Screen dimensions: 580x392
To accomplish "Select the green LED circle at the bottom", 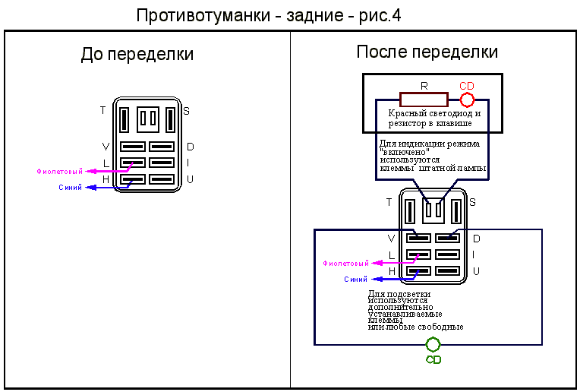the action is (426, 345).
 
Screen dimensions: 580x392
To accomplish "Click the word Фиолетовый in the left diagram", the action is (59, 172).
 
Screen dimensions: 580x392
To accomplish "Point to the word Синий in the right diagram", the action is (355, 279).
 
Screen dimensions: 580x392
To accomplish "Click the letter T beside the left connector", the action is (102, 110).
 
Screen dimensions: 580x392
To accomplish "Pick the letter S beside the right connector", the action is (472, 202).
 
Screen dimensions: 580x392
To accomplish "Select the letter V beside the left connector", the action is (106, 147).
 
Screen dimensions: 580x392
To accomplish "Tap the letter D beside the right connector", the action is (477, 239).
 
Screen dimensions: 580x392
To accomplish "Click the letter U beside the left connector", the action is (190, 179).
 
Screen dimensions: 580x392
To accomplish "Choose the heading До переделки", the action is (137, 54).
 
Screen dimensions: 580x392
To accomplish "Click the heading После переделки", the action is (427, 52).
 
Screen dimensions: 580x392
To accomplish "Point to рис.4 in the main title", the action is (380, 16).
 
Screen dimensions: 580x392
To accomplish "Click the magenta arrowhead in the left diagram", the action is (90, 172).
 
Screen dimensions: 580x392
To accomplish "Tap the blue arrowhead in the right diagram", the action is (377, 279).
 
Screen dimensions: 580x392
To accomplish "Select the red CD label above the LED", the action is (466, 86).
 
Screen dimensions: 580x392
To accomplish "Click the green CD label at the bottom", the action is (433, 359).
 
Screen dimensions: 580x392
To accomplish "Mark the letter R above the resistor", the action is (424, 86).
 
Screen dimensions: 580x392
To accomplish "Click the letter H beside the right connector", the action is (392, 271).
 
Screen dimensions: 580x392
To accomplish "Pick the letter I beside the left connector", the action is (188, 163).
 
